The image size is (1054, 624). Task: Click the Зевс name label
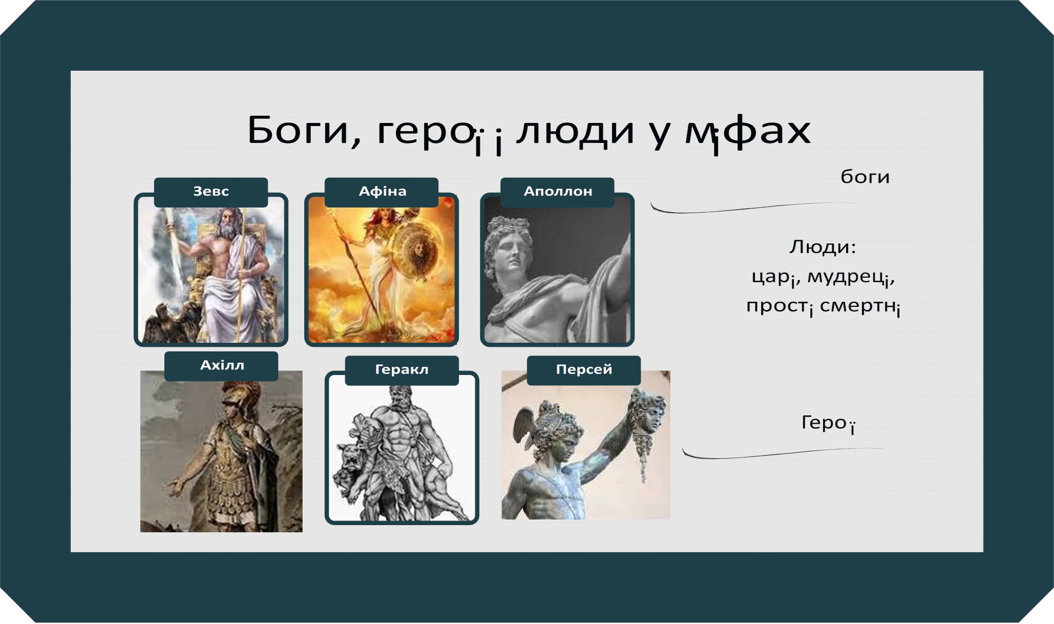click(210, 192)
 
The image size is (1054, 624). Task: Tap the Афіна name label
click(382, 192)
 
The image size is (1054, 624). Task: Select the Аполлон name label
click(557, 192)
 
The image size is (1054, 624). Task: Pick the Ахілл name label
click(222, 365)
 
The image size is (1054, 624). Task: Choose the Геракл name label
click(402, 369)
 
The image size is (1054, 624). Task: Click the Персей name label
click(584, 369)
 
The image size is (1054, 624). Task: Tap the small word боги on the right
click(865, 177)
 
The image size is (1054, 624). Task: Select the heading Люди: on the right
click(822, 247)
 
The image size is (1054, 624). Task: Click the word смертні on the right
click(859, 306)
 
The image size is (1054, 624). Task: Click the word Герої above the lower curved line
click(828, 423)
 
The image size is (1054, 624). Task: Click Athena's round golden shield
click(416, 251)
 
